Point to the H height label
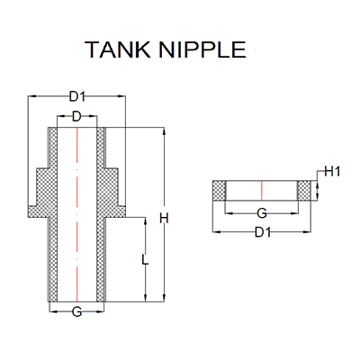point(164,217)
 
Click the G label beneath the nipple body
point(76,312)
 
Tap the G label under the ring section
point(262,214)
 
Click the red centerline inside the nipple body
point(76,216)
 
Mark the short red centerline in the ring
point(262,190)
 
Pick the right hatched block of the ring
point(305,190)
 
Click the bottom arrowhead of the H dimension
point(164,299)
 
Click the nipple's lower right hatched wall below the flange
point(101,261)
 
